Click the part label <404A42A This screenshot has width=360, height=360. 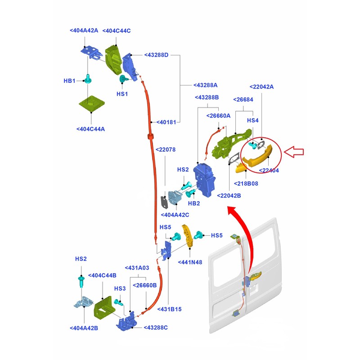point(84,31)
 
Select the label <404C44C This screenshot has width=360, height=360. point(117,31)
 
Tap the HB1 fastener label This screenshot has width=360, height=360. point(69,81)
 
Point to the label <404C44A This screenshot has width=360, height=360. point(90,129)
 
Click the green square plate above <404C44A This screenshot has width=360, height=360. point(92,104)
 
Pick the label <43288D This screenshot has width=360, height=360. point(156,55)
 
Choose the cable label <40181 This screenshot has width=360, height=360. point(166,122)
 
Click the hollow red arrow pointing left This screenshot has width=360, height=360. point(294,152)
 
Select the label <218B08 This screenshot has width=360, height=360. point(246,184)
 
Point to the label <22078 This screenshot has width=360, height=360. point(166,150)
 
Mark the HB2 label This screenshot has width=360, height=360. point(194,203)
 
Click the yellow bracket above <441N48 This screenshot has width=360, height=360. point(187,236)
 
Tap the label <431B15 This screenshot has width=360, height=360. point(170,309)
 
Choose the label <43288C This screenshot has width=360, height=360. point(156,328)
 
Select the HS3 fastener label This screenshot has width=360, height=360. point(120,288)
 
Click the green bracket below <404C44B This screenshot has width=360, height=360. point(104,307)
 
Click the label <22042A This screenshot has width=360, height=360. point(261,87)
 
